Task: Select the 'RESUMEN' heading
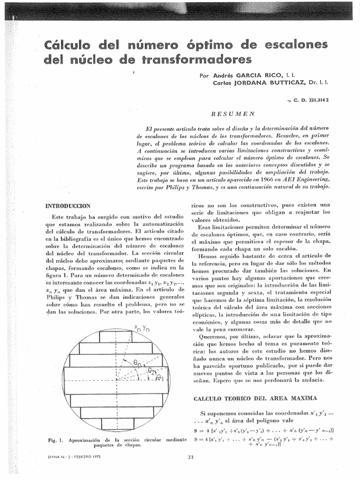(x=232, y=113)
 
